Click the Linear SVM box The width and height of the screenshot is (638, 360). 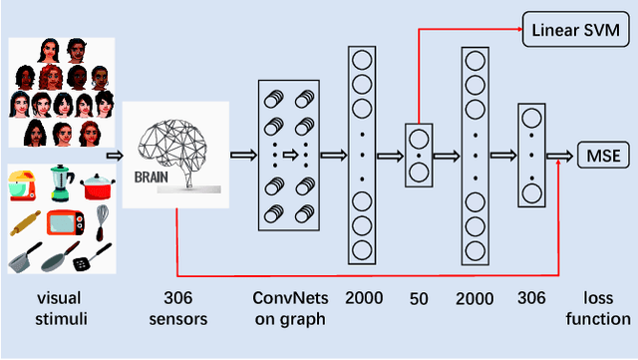577,32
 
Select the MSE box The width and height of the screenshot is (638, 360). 602,155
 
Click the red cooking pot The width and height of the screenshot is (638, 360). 96,185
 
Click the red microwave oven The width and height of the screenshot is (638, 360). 65,221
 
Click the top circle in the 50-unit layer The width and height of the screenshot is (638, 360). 419,136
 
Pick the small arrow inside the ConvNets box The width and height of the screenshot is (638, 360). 290,155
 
